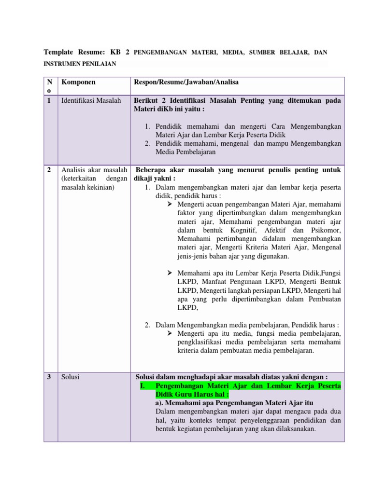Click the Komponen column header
(x=78, y=82)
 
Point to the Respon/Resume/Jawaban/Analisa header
(x=186, y=82)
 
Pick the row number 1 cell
(x=49, y=100)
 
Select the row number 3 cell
(x=49, y=377)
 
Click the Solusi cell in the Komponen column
(x=71, y=377)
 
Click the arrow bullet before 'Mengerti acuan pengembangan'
(x=170, y=205)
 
